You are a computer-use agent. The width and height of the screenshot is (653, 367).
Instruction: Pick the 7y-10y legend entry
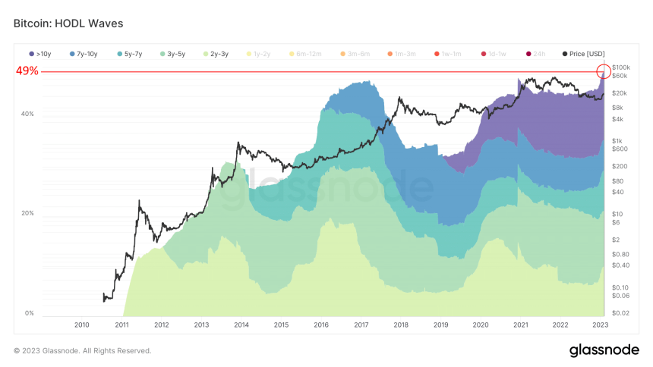[84, 54]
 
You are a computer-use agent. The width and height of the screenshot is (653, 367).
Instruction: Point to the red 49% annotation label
[27, 72]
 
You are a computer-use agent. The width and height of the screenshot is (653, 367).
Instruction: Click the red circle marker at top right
[604, 72]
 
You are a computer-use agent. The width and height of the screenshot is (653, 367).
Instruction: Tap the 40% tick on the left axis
[27, 114]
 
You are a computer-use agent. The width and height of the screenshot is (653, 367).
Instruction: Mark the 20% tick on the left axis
[27, 213]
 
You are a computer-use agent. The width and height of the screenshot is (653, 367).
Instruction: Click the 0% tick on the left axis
[29, 313]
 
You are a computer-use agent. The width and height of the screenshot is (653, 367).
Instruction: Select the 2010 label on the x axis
[82, 325]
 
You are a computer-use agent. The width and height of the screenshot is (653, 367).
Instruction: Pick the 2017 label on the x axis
[361, 325]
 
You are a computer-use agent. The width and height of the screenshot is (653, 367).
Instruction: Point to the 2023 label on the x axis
[600, 325]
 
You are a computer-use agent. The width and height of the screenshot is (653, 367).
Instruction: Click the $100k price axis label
[621, 67]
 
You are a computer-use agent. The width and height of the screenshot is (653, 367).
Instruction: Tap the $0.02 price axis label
[621, 312]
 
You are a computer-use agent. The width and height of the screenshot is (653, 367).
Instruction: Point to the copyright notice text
[82, 350]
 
